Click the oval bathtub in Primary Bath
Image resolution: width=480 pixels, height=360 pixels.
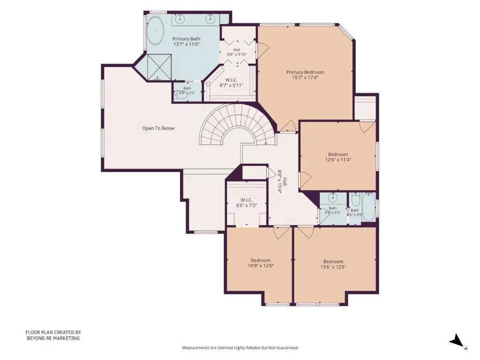(155, 31)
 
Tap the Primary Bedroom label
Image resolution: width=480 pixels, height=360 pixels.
(305, 72)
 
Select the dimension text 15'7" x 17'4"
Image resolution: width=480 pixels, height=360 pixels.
(305, 78)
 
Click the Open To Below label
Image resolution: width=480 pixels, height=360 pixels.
(158, 128)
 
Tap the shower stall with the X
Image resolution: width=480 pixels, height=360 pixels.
(159, 67)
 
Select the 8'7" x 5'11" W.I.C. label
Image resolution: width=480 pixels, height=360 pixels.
(232, 82)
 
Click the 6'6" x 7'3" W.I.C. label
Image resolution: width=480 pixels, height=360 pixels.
(247, 202)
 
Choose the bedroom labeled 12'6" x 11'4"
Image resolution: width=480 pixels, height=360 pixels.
(338, 157)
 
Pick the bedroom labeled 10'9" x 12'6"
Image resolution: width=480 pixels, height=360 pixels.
(261, 263)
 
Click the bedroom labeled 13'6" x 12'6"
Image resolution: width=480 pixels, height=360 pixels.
(333, 264)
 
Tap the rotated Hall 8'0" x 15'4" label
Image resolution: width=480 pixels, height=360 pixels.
(282, 181)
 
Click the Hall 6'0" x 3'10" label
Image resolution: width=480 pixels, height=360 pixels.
(237, 52)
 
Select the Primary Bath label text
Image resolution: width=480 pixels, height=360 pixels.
(187, 39)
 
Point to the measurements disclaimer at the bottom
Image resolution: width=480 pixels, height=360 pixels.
(240, 348)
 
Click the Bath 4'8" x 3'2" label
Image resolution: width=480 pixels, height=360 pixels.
(187, 90)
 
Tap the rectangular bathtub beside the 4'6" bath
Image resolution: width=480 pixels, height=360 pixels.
(368, 207)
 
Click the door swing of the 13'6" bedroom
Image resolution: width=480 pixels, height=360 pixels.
(306, 232)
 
